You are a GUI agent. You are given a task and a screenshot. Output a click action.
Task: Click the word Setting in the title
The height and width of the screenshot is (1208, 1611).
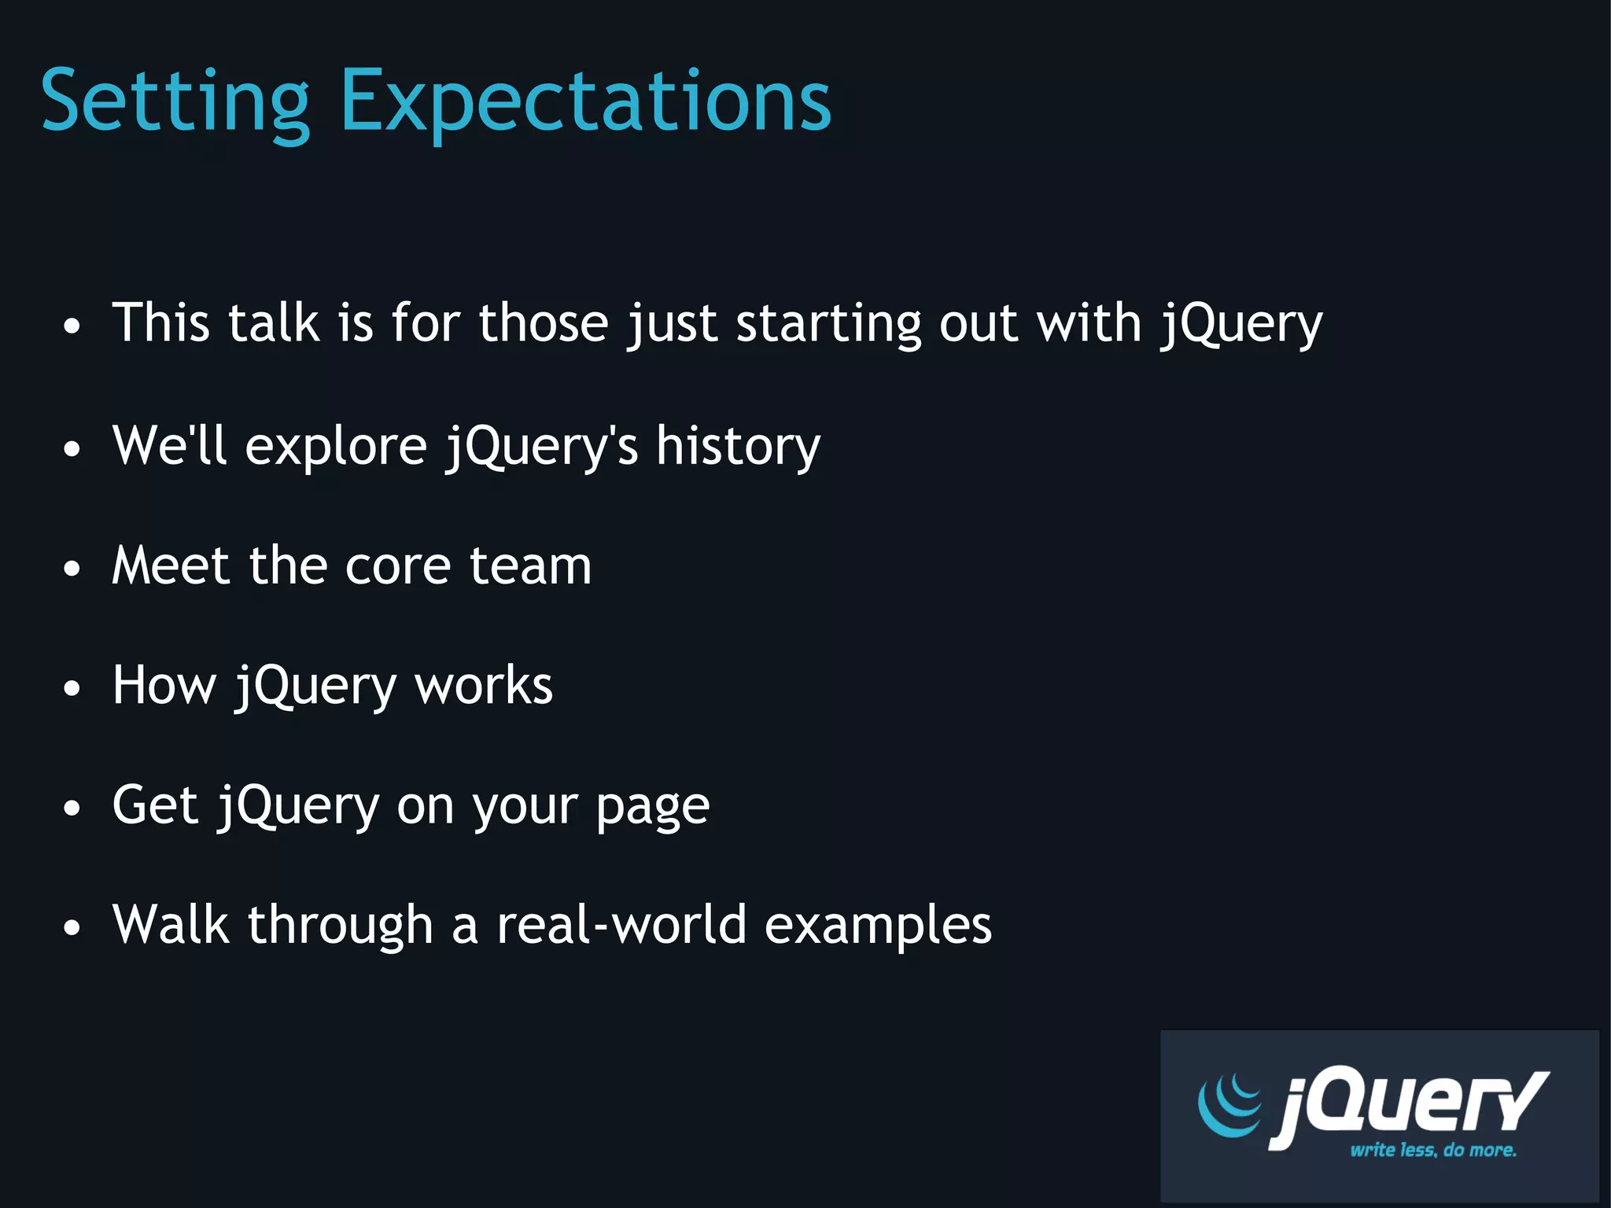[175, 102]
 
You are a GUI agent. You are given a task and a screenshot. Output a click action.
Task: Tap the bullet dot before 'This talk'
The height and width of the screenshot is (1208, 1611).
[72, 326]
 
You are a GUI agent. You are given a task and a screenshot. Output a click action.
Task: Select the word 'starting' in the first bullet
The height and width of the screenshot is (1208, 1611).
[828, 325]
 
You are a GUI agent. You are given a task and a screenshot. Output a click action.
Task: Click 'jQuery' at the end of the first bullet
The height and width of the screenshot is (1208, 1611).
[1241, 325]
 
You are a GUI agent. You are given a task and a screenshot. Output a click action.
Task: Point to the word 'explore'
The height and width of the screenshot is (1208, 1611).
[336, 447]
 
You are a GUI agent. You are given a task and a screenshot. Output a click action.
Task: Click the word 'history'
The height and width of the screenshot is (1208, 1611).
[738, 447]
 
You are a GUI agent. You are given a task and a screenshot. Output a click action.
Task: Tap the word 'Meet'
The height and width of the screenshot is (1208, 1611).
[171, 565]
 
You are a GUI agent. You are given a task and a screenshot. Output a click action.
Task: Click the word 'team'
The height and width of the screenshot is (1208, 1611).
[530, 566]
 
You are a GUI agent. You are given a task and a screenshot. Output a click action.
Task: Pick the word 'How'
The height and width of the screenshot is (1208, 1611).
[164, 685]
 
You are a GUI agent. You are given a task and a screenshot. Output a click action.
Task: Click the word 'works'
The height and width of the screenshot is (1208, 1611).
[484, 686]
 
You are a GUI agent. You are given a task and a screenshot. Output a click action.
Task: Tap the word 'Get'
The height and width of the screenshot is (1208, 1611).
[155, 805]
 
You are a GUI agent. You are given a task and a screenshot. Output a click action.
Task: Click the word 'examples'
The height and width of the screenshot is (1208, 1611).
[878, 926]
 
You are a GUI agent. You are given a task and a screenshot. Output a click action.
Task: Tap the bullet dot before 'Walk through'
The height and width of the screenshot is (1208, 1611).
[72, 928]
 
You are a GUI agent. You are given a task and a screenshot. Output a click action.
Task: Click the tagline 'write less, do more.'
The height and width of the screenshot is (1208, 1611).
[1433, 1150]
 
